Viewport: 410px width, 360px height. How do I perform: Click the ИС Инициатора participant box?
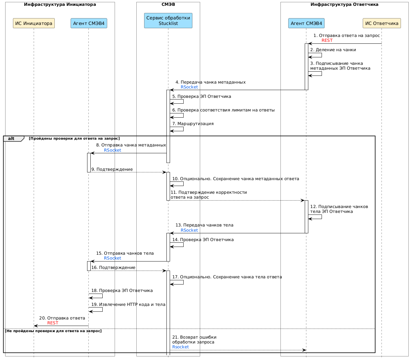(34, 23)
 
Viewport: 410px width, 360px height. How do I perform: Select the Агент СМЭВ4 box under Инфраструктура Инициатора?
(89, 23)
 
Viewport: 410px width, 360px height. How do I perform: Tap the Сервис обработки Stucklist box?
(168, 20)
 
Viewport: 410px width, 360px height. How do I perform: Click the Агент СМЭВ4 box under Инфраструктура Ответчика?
(306, 23)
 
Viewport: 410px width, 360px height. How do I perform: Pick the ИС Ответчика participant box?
(382, 23)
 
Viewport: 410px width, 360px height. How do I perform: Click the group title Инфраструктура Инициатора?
(60, 5)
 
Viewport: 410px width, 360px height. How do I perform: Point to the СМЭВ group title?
(168, 5)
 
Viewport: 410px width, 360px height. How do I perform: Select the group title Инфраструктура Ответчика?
(344, 5)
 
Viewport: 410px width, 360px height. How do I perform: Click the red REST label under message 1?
(327, 41)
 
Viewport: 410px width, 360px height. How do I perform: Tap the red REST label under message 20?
(53, 323)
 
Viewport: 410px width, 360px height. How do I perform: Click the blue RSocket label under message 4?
(189, 87)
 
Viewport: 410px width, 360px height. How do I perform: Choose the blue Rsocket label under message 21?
(180, 347)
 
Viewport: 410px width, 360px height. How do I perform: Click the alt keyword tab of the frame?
(11, 139)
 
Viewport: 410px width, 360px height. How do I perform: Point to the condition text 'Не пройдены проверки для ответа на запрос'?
(53, 331)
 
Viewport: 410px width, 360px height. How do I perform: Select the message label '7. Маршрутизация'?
(193, 124)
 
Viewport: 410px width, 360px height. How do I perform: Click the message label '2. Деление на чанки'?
(333, 50)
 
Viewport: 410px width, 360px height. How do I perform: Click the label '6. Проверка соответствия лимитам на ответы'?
(223, 110)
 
